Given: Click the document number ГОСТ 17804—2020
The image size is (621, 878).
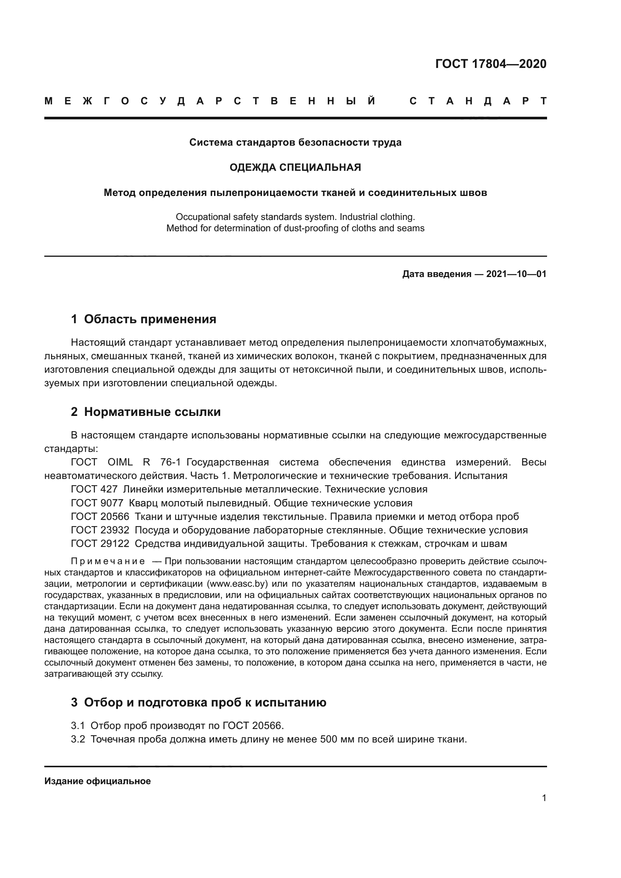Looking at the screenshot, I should point(491,64).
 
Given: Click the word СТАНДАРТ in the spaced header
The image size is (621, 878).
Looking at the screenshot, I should point(478,101).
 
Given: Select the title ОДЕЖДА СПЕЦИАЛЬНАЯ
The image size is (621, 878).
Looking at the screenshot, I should point(295,167).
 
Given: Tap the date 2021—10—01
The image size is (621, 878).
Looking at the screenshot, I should point(516,274).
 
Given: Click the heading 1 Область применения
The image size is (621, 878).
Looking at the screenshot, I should point(143,319).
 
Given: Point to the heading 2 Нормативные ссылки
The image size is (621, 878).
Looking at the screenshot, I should point(146,412).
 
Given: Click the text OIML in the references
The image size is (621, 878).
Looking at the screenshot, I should point(120,462).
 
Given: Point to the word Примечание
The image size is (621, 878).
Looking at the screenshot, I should point(108,561).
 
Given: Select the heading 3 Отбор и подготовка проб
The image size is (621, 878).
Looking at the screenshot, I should point(199,702).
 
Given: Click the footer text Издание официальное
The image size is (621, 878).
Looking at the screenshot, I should point(98,781).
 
